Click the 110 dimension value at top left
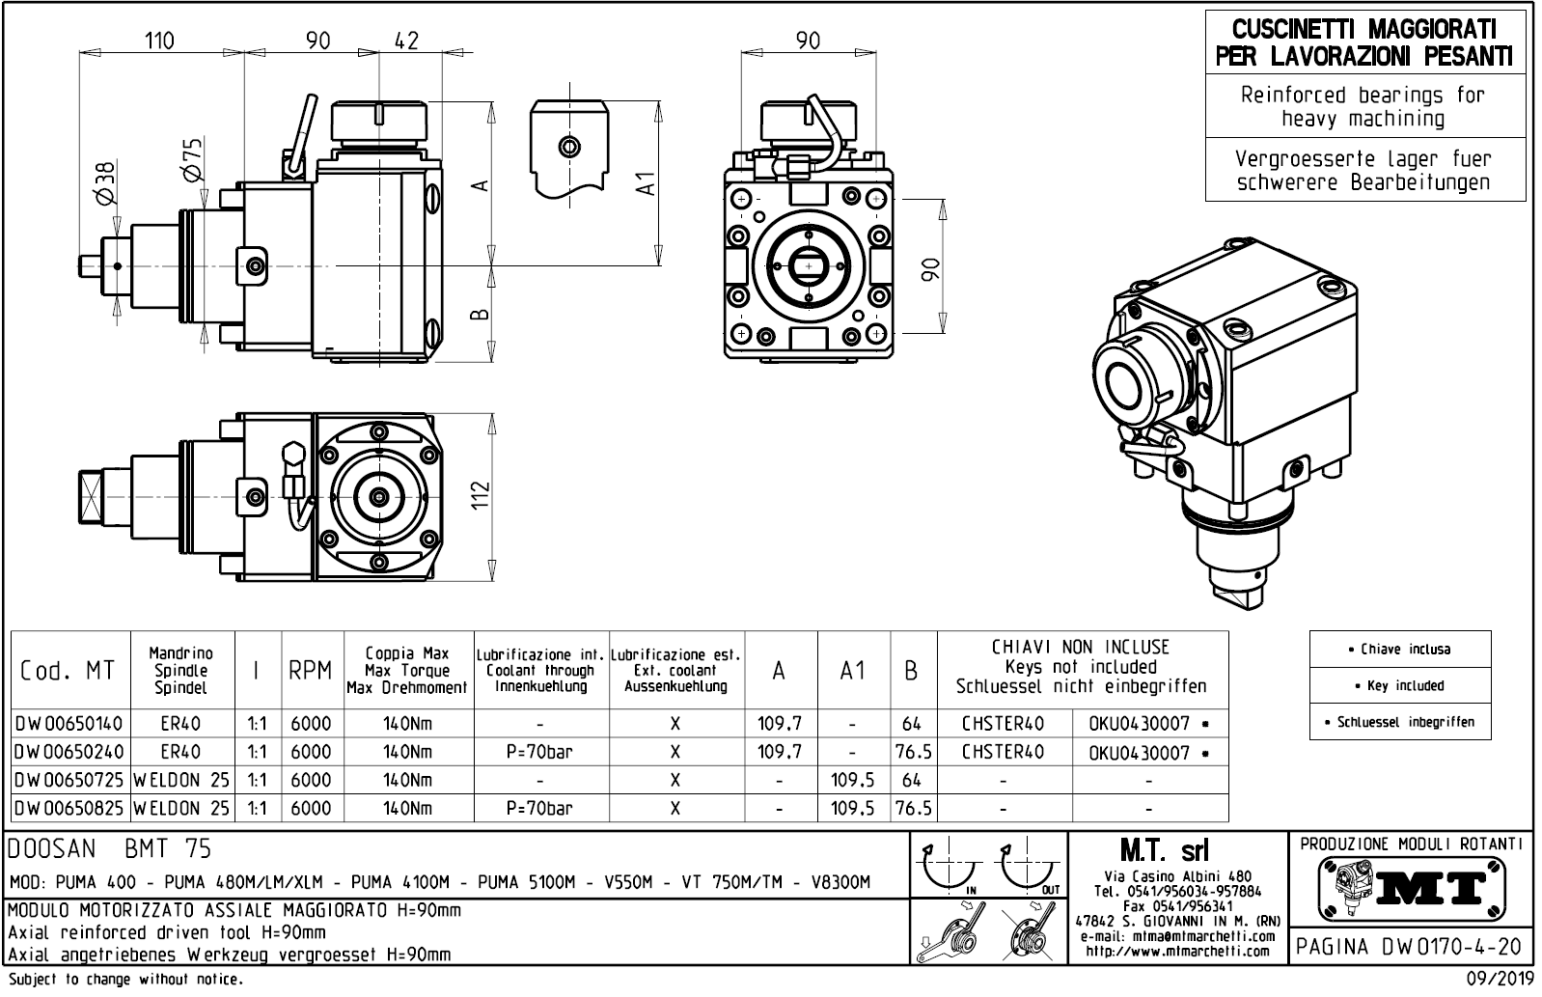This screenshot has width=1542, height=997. [159, 41]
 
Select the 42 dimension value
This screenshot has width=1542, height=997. [407, 41]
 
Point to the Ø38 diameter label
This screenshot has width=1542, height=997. [105, 181]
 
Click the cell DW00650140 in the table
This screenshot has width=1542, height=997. [69, 723]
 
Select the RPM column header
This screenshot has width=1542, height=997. [310, 671]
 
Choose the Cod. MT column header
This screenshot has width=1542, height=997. [69, 671]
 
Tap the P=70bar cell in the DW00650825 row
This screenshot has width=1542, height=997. [540, 808]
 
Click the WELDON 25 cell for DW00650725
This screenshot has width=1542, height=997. [181, 780]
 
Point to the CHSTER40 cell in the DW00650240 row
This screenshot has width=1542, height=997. [1004, 752]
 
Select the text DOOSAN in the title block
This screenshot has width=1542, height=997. [52, 849]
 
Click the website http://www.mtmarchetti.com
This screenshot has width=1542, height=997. [1177, 953]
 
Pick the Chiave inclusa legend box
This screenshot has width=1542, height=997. [1399, 650]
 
